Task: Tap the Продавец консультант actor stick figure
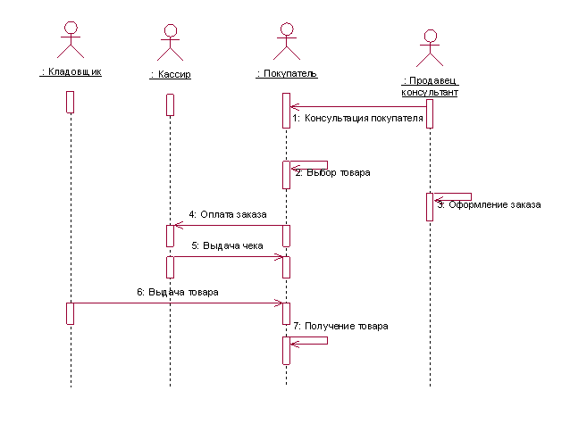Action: click(431, 50)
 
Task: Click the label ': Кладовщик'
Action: click(71, 71)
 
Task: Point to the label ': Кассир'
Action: click(170, 75)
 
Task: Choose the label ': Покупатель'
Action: click(286, 73)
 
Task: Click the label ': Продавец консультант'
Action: click(430, 86)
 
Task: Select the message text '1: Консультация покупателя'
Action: click(357, 118)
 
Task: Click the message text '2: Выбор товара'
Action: click(332, 172)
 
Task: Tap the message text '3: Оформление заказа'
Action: click(489, 204)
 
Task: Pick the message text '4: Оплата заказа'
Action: click(227, 214)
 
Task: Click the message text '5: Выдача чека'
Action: click(227, 246)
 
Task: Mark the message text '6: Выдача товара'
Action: click(177, 292)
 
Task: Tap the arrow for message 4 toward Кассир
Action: click(227, 225)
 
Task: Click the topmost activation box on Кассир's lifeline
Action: click(170, 104)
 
